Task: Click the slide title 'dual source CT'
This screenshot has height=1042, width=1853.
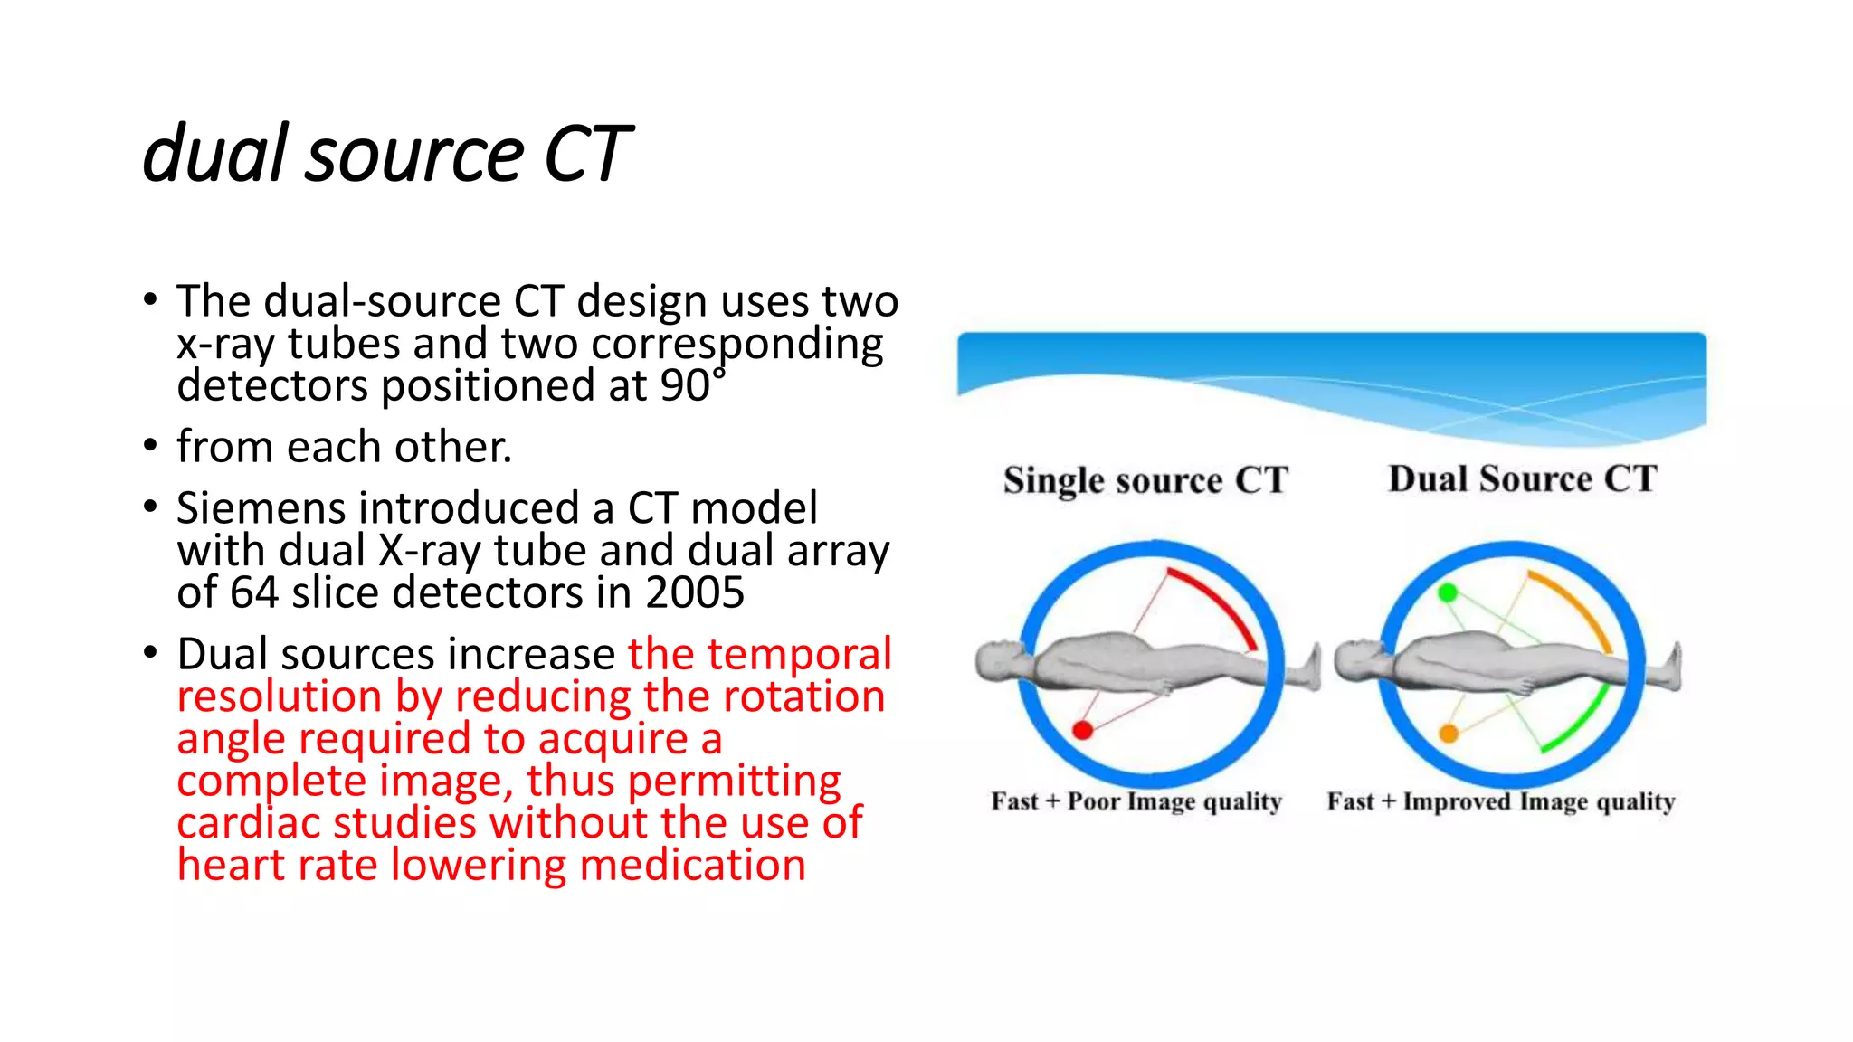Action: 386,154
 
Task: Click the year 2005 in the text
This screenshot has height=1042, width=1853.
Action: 694,593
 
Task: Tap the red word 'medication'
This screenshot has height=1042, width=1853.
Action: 692,865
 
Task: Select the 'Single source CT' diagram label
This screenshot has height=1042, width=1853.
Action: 1145,480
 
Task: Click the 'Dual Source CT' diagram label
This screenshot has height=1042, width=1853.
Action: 1522,478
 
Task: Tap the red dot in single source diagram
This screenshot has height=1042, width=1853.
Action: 1082,730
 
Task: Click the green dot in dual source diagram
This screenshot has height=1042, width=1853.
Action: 1448,592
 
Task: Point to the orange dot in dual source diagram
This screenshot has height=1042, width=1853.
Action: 1449,733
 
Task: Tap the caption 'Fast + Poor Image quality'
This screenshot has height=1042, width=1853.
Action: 1136,801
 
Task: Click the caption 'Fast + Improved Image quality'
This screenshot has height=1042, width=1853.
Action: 1500,801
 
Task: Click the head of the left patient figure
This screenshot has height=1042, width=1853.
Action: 1000,660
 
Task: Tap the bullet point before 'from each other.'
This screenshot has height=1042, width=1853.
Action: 150,446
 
